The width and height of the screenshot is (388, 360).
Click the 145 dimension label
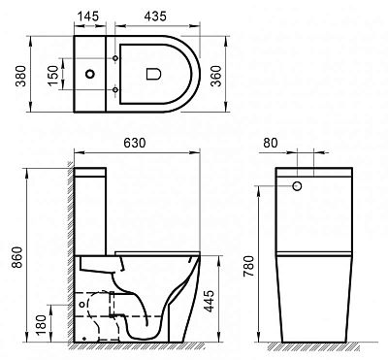click(88, 16)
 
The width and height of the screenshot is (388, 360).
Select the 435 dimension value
click(155, 16)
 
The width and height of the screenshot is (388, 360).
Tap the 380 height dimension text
click(21, 76)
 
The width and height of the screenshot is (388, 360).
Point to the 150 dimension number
click(53, 76)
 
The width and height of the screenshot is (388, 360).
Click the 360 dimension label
click(216, 76)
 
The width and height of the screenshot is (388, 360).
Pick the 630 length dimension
click(135, 143)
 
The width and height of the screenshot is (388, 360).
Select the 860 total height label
click(18, 257)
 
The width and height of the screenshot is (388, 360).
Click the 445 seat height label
click(210, 301)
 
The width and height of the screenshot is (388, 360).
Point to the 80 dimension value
click(271, 143)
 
